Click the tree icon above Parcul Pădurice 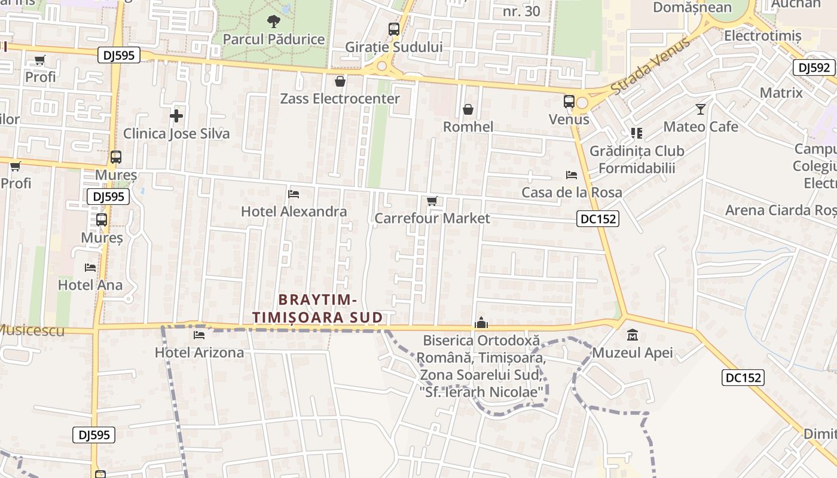point(273,22)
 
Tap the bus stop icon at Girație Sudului point(394,29)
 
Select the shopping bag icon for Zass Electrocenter point(340,81)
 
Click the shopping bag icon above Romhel point(468,109)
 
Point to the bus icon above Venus point(569,102)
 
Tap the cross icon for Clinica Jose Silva point(176,115)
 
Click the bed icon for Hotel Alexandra point(294,194)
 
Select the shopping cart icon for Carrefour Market point(432,201)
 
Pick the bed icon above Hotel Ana point(90,267)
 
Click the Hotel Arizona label point(199,353)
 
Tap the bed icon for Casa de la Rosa point(572,175)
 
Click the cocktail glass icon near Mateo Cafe point(701,109)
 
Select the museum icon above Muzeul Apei point(632,335)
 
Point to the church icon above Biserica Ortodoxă point(481,323)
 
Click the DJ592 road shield point(814,68)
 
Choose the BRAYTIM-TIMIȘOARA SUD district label point(317,308)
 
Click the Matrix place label point(781,93)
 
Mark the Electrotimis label point(762,36)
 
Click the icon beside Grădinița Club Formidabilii point(636,133)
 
